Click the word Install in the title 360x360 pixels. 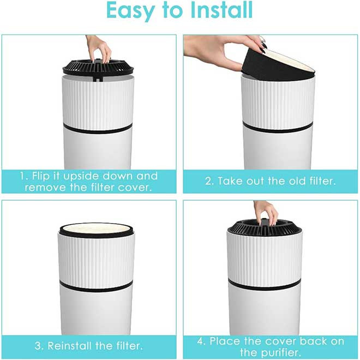222,10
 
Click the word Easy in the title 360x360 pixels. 131,11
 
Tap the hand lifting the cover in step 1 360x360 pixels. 99,48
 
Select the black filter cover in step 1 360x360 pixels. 98,68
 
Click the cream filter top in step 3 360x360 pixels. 97,229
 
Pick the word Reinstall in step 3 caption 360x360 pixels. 70,346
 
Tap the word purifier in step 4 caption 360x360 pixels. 281,352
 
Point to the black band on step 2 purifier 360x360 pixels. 278,128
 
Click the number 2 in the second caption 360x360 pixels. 209,181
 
